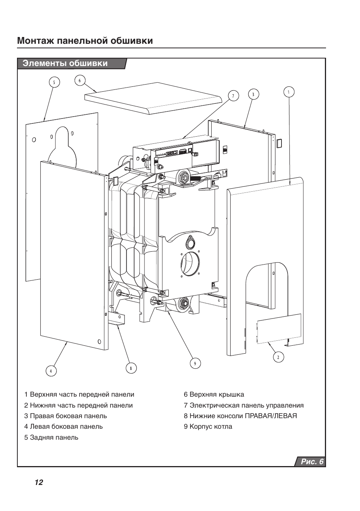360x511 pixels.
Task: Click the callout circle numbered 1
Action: [x=289, y=92]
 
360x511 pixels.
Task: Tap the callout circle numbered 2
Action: [x=278, y=357]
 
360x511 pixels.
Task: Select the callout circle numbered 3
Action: [x=253, y=94]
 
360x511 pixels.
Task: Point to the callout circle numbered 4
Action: [x=51, y=371]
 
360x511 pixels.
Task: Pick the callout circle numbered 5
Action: [x=54, y=82]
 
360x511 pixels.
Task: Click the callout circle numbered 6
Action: [x=80, y=80]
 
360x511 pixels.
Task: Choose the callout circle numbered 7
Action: [x=233, y=96]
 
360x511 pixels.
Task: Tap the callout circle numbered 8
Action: [x=131, y=368]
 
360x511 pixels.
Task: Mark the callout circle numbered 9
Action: [x=195, y=363]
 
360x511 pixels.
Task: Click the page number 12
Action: [x=38, y=482]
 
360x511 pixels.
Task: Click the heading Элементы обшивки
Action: [x=65, y=63]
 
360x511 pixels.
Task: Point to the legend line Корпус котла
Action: [x=208, y=426]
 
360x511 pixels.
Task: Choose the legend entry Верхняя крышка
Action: [x=214, y=394]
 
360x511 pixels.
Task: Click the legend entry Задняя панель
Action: [x=51, y=437]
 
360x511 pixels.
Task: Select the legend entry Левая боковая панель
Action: [x=63, y=426]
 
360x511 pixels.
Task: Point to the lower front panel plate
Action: [x=278, y=328]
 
